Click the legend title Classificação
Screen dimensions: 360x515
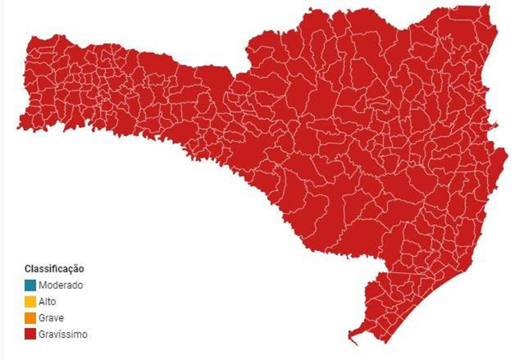point(54,269)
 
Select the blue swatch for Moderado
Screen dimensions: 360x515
point(30,285)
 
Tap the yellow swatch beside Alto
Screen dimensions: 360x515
point(30,301)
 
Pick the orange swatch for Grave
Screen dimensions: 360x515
point(30,318)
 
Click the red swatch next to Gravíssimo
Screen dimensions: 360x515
point(30,334)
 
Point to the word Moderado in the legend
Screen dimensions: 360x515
point(60,285)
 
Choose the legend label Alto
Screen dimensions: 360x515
point(47,301)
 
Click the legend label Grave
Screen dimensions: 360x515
point(51,318)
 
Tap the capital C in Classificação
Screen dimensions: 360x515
point(27,269)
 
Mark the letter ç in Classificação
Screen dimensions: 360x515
point(72,269)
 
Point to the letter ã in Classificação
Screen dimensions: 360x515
point(76,269)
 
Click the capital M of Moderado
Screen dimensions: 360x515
point(42,285)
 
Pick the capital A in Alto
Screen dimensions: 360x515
point(41,301)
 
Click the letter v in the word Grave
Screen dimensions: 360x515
point(55,318)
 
